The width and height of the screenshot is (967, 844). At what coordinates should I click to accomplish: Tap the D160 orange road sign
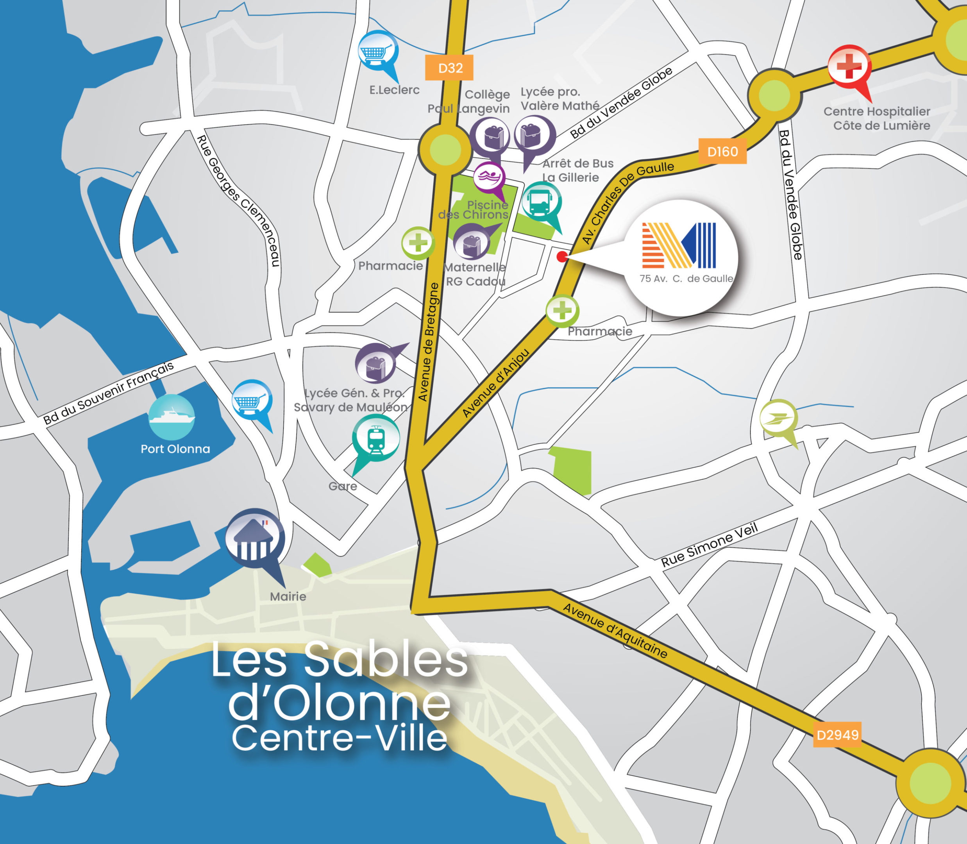[722, 152]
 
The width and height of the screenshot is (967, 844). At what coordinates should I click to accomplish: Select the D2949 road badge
[837, 735]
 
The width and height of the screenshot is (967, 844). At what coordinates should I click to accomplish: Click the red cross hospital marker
[849, 67]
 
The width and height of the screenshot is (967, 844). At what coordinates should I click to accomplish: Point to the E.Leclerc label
[394, 90]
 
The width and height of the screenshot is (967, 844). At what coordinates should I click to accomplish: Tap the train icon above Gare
[375, 438]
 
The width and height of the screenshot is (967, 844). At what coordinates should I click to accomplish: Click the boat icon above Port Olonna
[172, 417]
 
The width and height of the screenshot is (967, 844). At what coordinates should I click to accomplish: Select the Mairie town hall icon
[255, 539]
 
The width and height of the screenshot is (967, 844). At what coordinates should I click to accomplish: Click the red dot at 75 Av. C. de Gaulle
[562, 257]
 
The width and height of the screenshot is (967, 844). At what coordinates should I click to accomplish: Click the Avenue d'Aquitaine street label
[615, 631]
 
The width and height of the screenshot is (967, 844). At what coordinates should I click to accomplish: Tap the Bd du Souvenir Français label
[108, 393]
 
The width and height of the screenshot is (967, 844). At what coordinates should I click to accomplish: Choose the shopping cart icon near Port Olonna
[252, 401]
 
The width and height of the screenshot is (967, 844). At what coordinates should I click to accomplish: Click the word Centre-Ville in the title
[339, 738]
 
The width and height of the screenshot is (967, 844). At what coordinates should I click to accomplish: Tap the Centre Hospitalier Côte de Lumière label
[877, 119]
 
